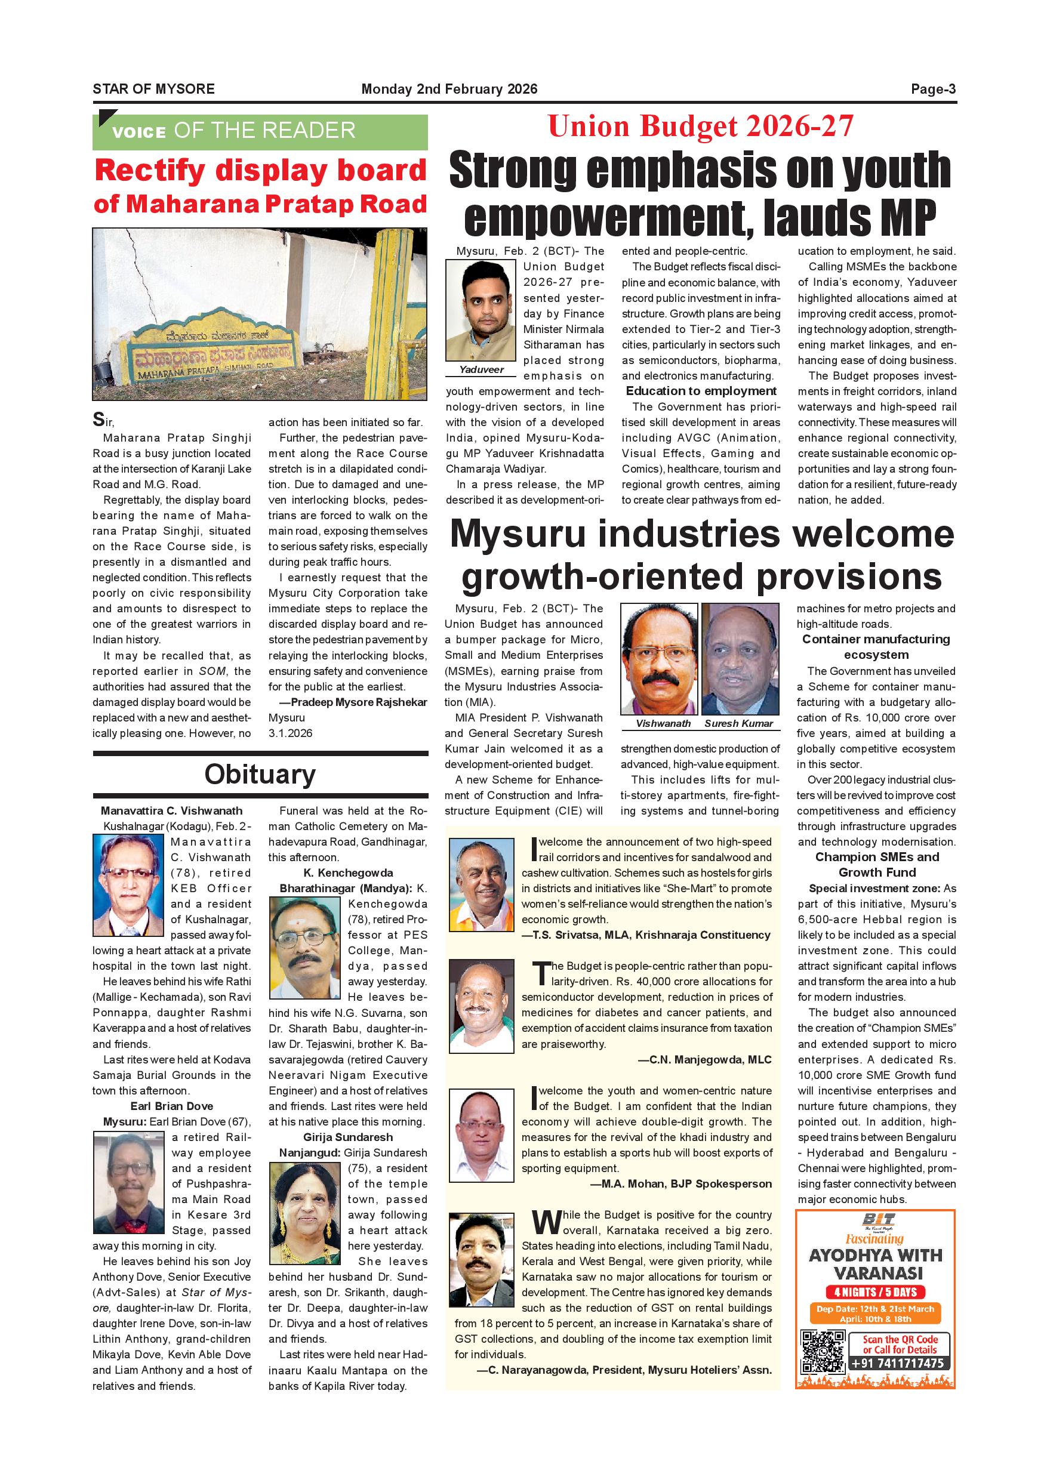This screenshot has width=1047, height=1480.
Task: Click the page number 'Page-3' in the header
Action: [932, 89]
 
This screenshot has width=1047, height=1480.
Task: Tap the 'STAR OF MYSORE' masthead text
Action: [153, 89]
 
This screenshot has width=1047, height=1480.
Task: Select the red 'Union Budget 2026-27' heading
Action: [700, 127]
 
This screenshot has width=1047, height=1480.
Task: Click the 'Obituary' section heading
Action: [260, 774]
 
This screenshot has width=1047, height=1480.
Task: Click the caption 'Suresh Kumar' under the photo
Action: [738, 723]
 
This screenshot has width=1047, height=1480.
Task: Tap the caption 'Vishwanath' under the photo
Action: [663, 723]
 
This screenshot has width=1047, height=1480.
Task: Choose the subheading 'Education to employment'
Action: [701, 391]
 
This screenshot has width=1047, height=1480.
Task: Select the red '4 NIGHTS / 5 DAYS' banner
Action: [876, 1292]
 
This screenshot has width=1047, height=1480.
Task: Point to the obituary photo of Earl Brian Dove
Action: [129, 1183]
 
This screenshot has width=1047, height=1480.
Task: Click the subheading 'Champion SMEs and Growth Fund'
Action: [877, 864]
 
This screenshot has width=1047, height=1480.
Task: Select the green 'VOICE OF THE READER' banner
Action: [260, 131]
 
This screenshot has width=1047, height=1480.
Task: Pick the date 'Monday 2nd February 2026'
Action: [449, 89]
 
